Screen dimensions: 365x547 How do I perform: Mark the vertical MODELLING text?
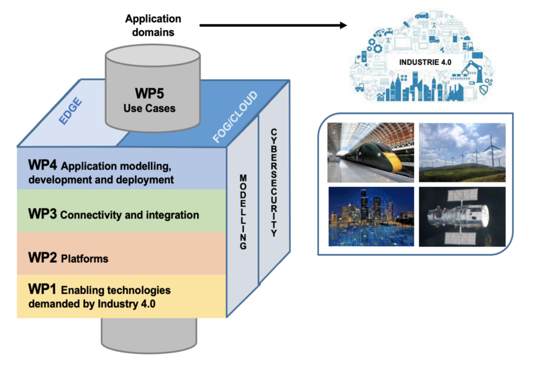point(243,212)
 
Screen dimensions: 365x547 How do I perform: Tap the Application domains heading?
point(153,25)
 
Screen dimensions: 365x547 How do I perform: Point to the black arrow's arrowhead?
point(342,25)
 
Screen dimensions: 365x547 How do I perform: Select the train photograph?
point(371,152)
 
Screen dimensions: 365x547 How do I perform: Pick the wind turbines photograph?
point(462,152)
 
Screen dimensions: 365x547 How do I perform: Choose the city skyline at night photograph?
point(371,216)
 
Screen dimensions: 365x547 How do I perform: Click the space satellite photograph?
point(462,216)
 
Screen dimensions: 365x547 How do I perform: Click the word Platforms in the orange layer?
point(85,259)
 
